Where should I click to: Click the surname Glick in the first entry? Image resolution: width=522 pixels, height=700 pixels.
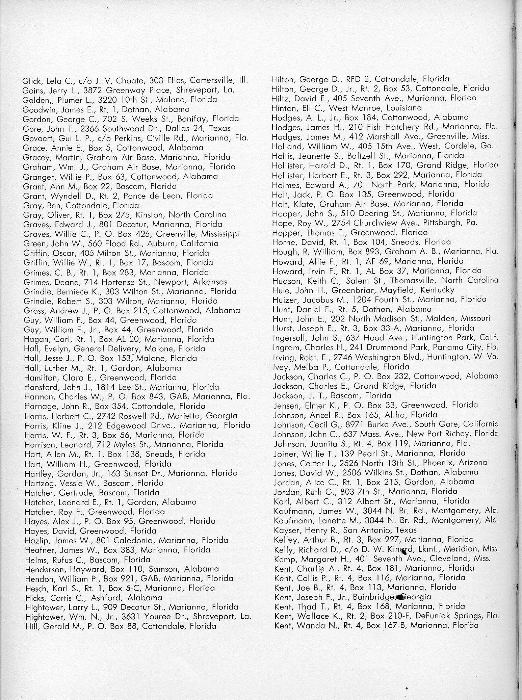(31, 81)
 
